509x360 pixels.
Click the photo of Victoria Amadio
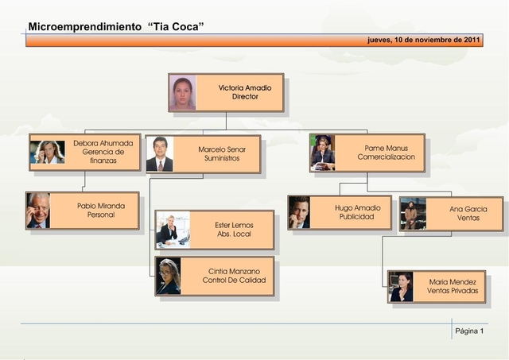pos(183,92)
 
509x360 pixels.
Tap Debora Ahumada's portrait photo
pos(47,152)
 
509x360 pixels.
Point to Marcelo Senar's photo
pos(159,154)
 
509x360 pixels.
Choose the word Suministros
pos(222,158)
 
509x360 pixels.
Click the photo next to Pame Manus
pos(322,153)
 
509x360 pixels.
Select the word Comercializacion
pos(386,157)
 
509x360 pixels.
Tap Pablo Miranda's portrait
pos(37,211)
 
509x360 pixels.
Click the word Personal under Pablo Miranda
pos(101,215)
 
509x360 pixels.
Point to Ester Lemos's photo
pos(173,230)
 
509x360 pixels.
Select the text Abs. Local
pos(234,235)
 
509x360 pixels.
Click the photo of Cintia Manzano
pos(169,276)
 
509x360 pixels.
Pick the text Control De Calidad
pos(234,281)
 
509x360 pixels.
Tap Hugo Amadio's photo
pos(299,213)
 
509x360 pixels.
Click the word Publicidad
pos(357,217)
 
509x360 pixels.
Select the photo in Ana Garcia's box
pos(413,214)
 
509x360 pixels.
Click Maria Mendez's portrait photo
pos(401,286)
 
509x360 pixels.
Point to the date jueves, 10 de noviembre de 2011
pos(424,39)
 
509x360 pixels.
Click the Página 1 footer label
pos(469,330)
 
